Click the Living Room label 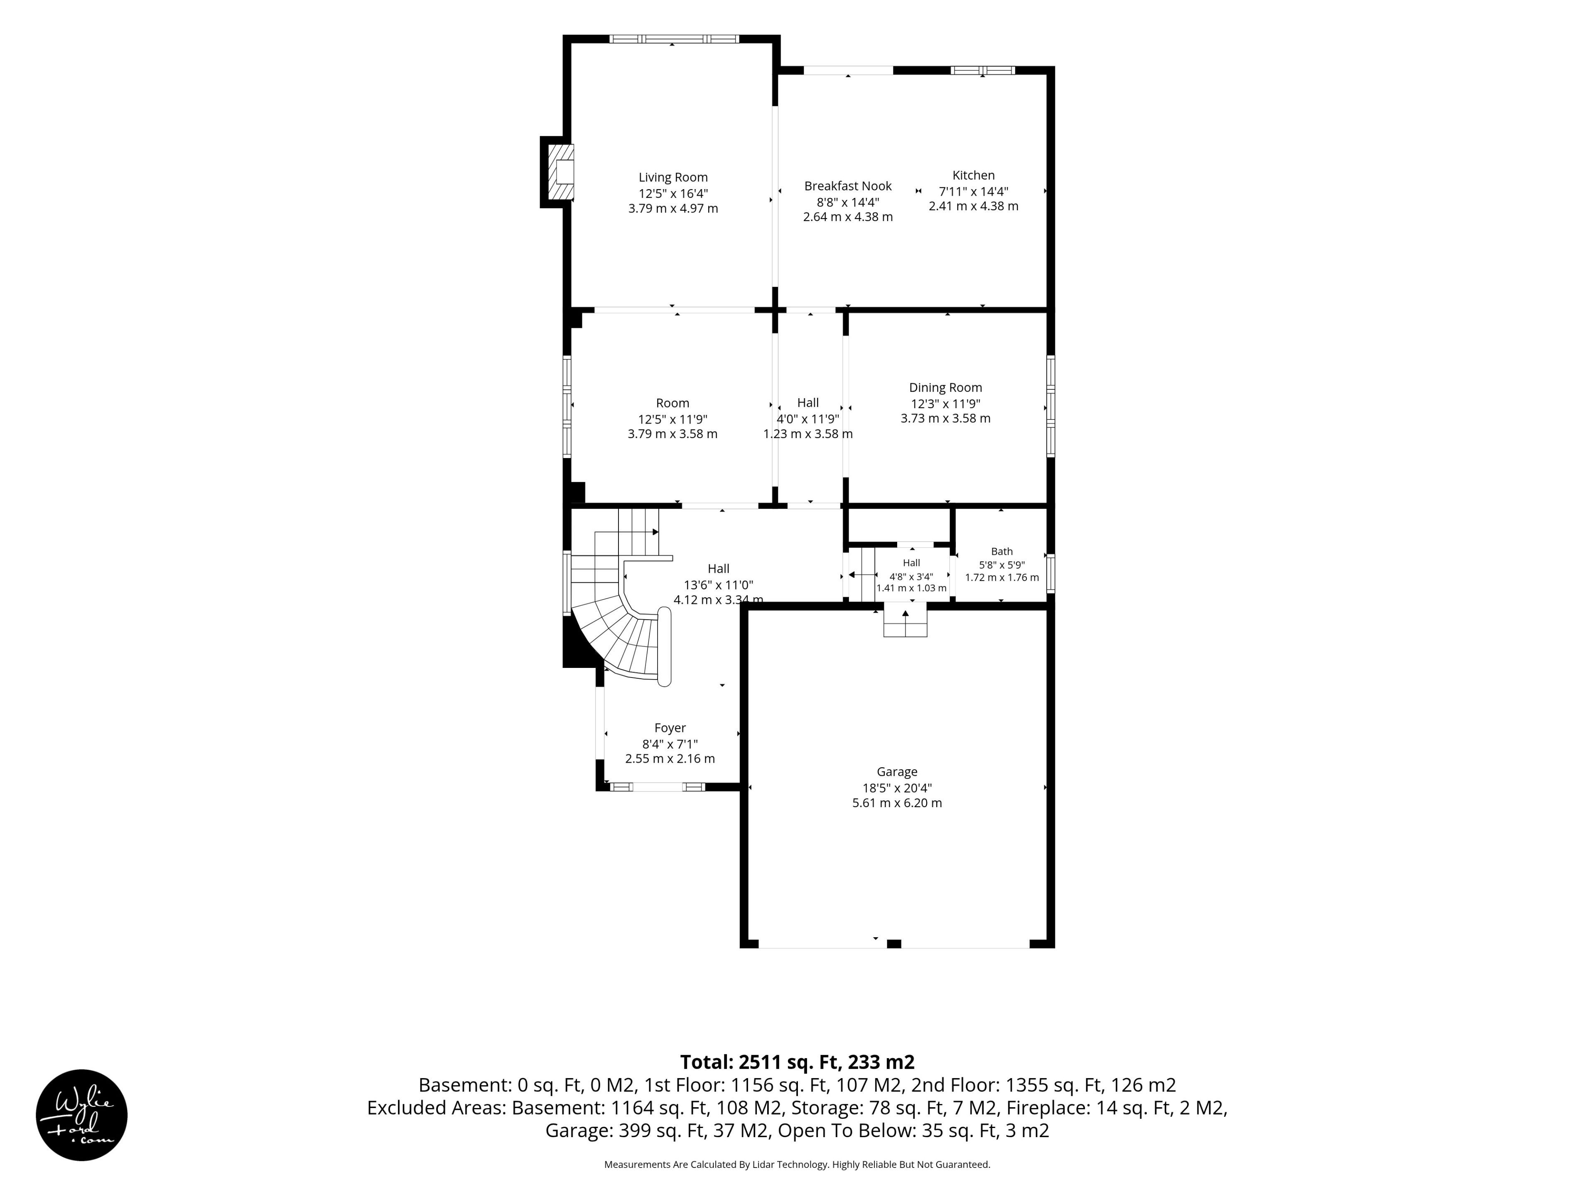point(673,177)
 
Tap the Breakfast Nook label point(848,186)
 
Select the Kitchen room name point(974,175)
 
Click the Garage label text point(897,772)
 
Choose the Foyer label point(670,728)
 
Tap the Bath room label point(1001,551)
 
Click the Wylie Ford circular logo point(81,1115)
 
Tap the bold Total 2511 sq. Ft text point(797,1062)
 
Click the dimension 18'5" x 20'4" point(897,788)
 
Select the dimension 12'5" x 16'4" point(673,193)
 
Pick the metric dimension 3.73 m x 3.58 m point(945,419)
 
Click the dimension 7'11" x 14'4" point(974,191)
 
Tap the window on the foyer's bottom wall point(658,786)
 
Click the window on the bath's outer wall point(1050,573)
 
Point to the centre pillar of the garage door point(894,944)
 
